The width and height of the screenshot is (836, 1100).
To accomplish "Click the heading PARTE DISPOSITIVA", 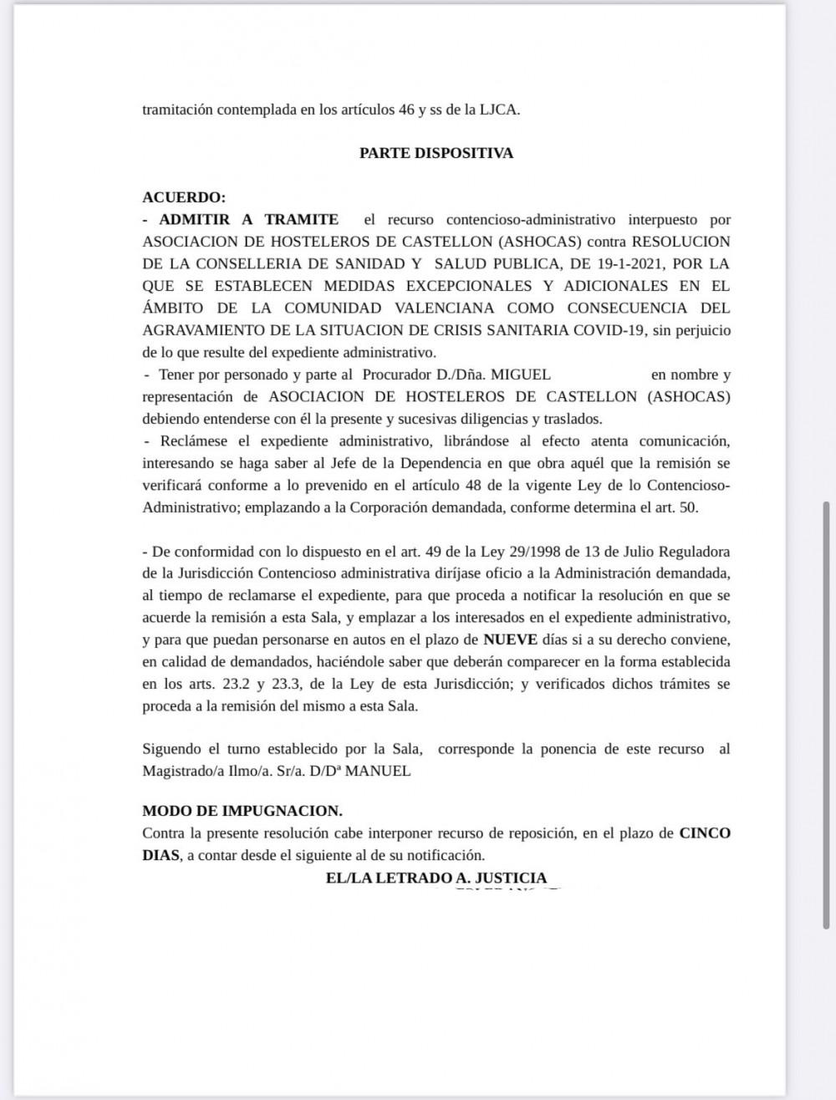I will (436, 154).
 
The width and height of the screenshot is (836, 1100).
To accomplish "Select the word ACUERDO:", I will (184, 198).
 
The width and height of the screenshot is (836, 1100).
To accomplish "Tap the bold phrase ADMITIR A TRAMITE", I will (248, 220).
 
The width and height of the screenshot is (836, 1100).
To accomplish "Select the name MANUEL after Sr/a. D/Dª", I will (378, 772).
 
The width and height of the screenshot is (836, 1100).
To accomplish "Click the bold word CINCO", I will (705, 833).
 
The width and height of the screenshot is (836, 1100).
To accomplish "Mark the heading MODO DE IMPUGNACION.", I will (242, 811).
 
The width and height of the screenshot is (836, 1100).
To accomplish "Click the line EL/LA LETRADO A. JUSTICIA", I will (436, 878).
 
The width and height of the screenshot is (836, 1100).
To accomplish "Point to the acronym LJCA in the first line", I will (498, 109).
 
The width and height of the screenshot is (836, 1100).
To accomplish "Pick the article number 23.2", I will (221, 684).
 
